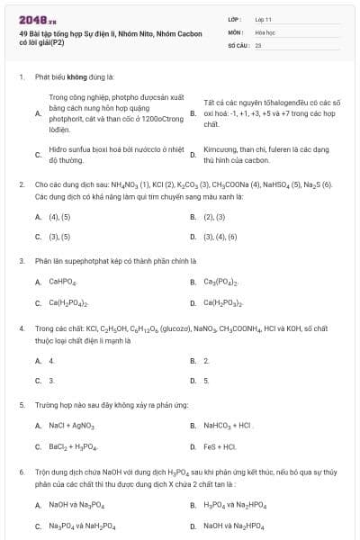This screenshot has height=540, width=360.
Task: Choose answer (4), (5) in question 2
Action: [x=59, y=217]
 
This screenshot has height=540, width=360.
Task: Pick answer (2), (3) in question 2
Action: [x=214, y=217]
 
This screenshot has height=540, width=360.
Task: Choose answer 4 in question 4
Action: [x=51, y=360]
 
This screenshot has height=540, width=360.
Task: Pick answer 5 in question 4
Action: [x=206, y=380]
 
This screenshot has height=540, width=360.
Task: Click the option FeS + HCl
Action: [x=220, y=445]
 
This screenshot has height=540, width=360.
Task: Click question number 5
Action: [x=21, y=405]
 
